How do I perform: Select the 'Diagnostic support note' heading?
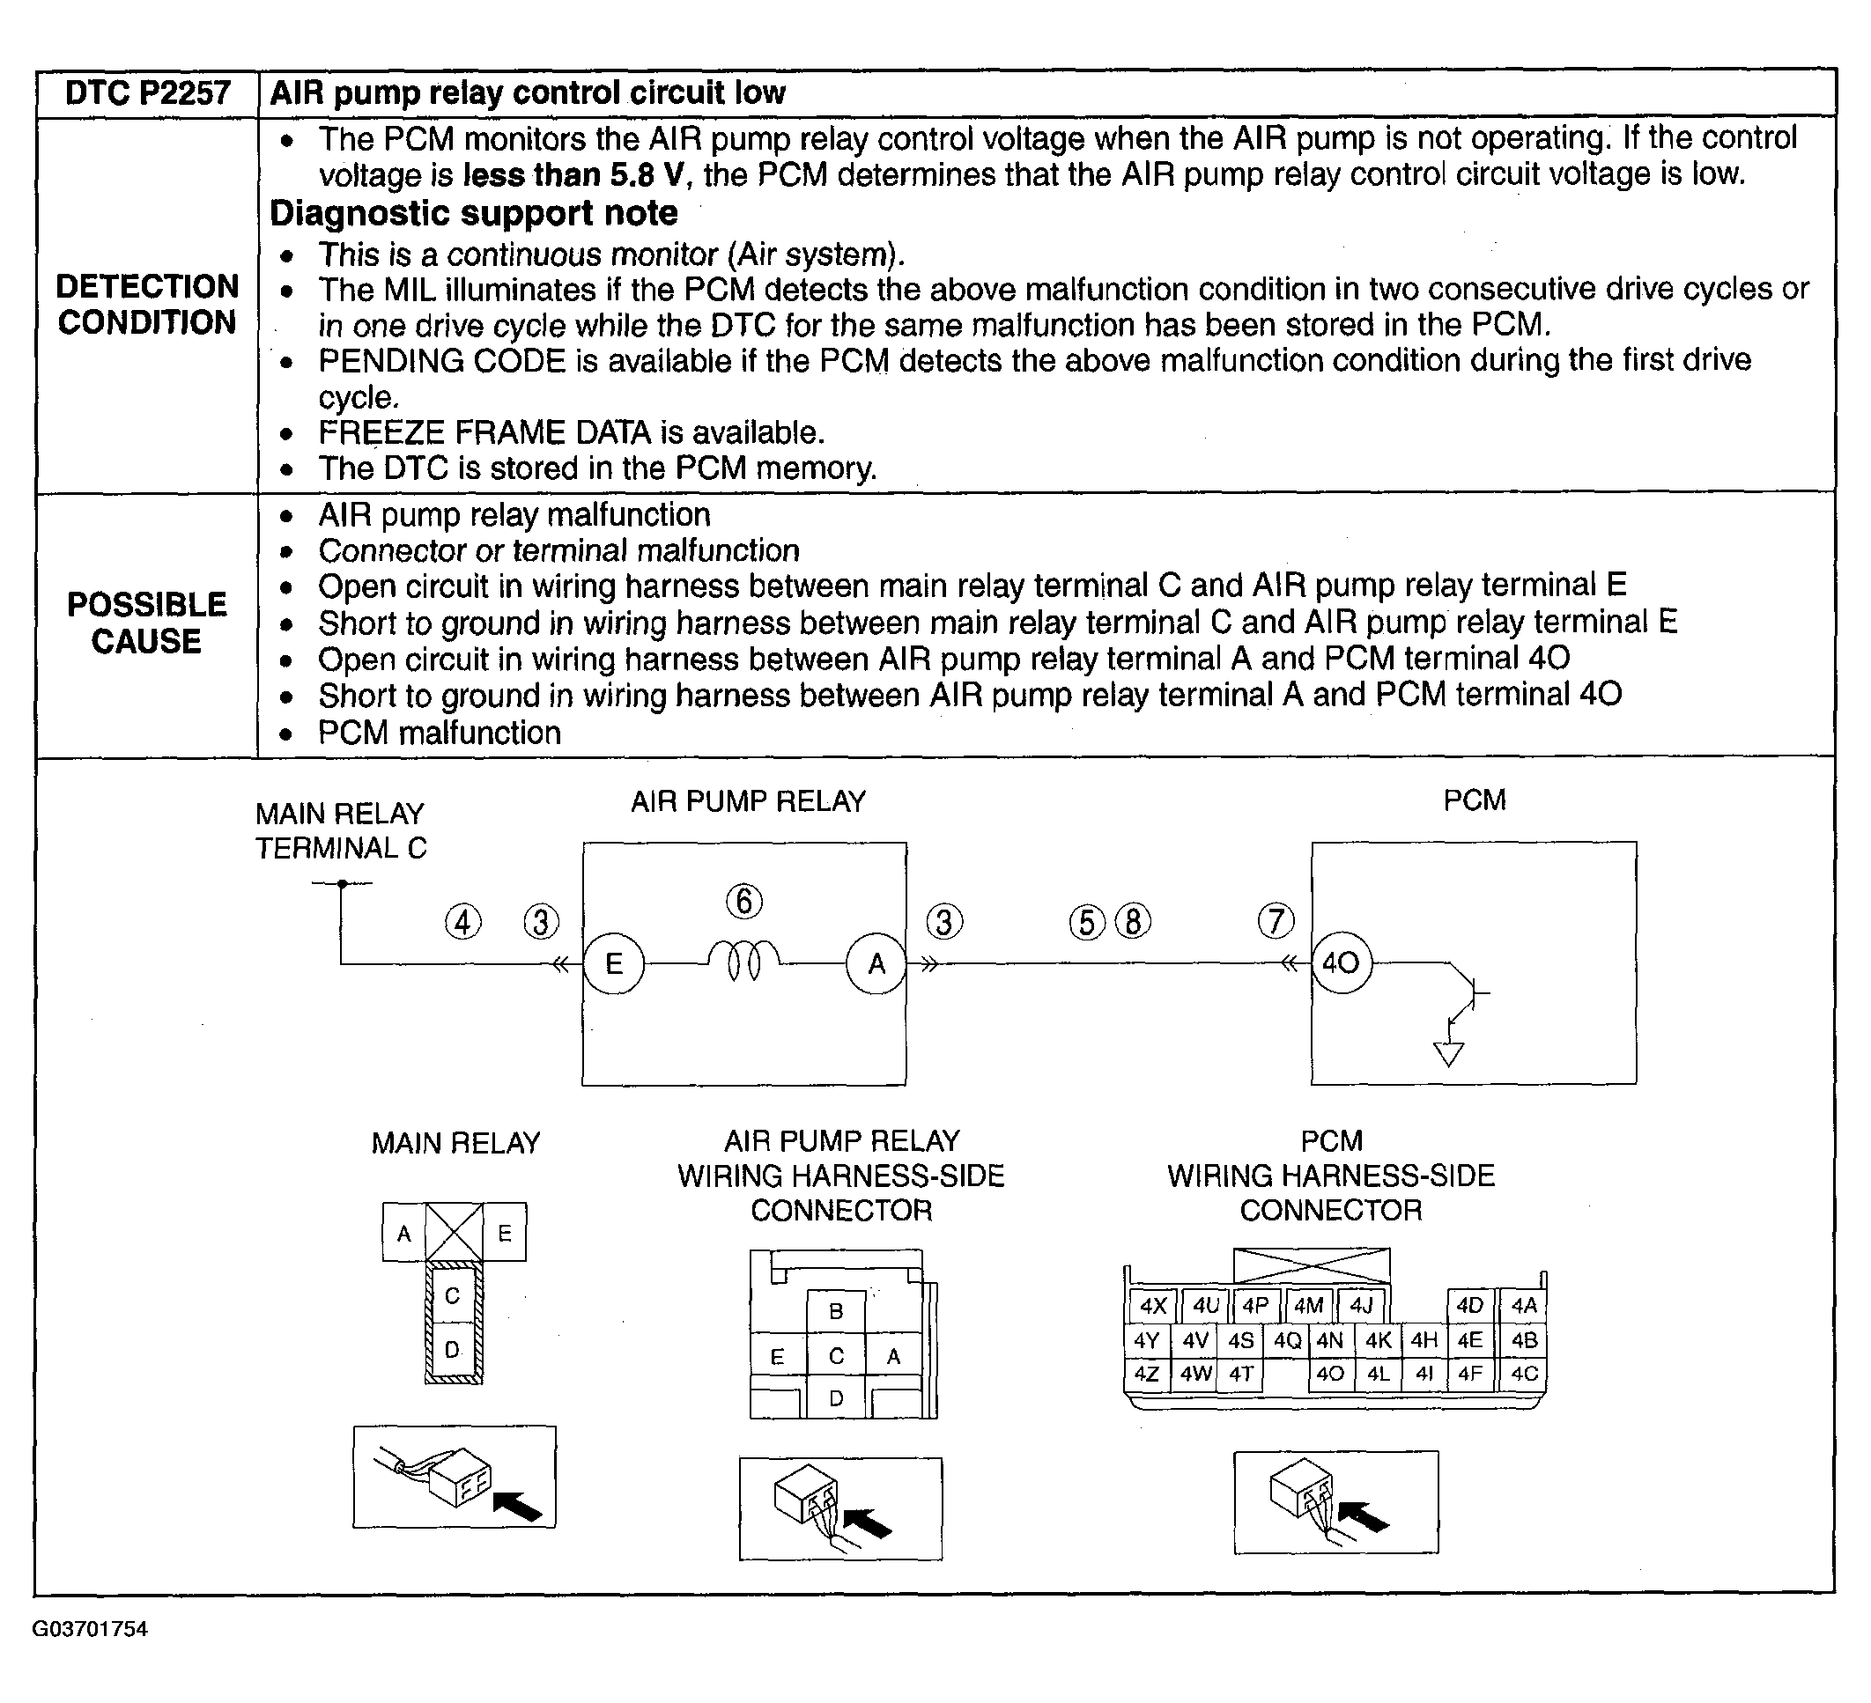point(473,213)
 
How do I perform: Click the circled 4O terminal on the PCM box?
point(1340,962)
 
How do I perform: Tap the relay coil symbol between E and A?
point(744,961)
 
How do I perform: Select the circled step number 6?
point(744,902)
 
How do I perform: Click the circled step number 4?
point(463,923)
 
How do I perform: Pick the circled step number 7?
point(1276,921)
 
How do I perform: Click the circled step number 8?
point(1133,922)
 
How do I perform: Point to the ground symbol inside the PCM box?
point(1448,1054)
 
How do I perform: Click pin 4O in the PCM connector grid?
point(1330,1374)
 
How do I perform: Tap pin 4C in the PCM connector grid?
point(1524,1374)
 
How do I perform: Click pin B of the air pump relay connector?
point(835,1311)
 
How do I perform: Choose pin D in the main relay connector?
point(452,1350)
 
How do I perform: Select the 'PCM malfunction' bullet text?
point(439,733)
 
